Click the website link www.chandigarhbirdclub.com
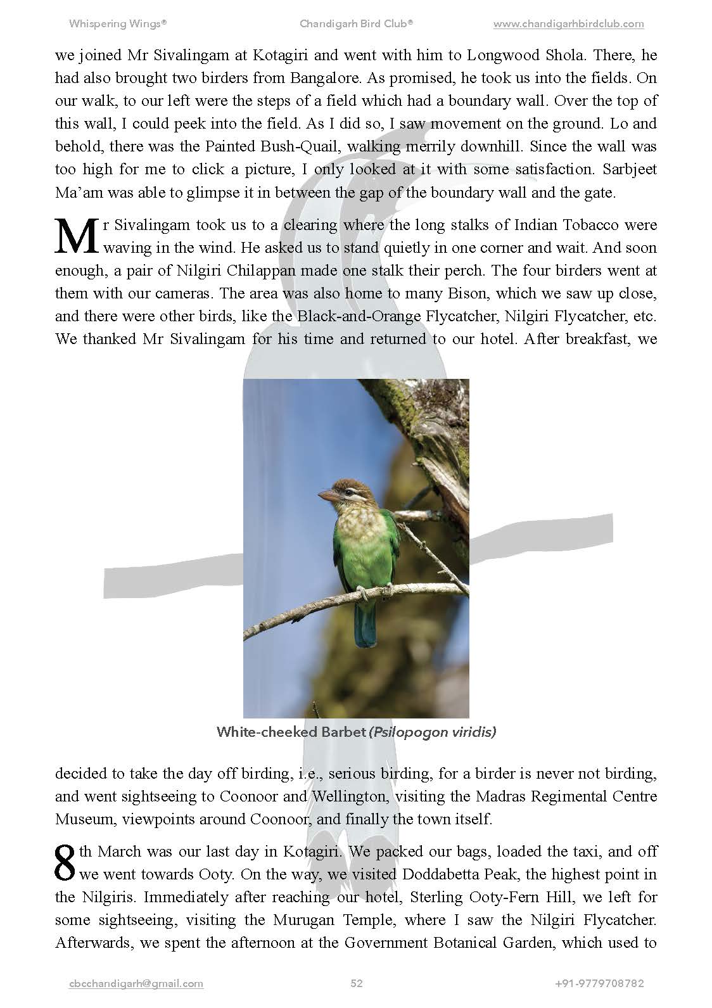568,24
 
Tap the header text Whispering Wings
117,24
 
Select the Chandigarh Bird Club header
356,24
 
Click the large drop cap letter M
76,236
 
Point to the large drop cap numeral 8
65,863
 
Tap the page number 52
356,984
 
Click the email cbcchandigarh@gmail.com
136,984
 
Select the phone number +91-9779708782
599,984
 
